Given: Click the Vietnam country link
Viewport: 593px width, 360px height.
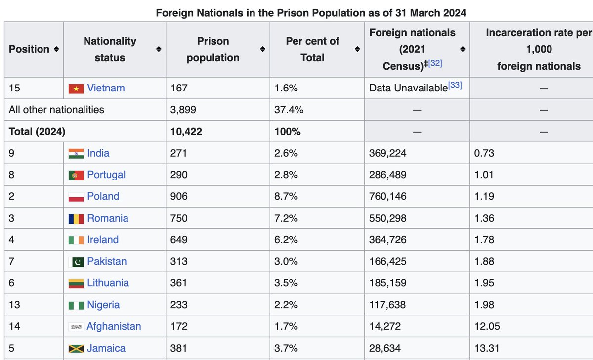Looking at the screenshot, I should pos(106,88).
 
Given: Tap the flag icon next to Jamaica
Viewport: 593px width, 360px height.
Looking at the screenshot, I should pos(76,348).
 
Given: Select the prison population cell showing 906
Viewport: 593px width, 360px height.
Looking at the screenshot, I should pos(178,196).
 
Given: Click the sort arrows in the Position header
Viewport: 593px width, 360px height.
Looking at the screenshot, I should pos(56,49).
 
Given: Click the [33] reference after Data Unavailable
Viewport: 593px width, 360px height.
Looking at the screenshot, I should pos(455,86).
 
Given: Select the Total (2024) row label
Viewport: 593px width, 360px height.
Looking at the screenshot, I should pos(37,132).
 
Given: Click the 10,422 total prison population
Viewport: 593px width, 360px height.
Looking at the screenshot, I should pos(186,132).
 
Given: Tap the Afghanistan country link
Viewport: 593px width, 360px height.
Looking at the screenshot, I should pos(114,326).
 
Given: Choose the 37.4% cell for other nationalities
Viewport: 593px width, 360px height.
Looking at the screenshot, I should pos(289,110).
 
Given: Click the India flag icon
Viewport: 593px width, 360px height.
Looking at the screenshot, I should pos(76,153).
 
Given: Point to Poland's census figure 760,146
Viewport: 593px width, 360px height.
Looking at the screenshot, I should pos(387,196).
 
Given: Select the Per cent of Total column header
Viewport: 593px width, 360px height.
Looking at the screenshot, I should pos(312,49).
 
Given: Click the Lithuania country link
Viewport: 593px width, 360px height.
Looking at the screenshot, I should pos(108,283).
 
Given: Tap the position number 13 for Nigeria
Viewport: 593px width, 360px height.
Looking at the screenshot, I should pos(14,305).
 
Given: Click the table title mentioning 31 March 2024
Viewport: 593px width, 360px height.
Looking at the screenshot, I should pos(311,13).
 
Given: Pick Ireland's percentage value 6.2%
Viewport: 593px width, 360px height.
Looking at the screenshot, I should pos(286,240).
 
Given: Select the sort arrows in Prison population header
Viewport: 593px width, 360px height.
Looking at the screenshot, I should pos(263,49).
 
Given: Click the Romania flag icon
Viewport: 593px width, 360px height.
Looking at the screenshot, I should pos(76,218).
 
